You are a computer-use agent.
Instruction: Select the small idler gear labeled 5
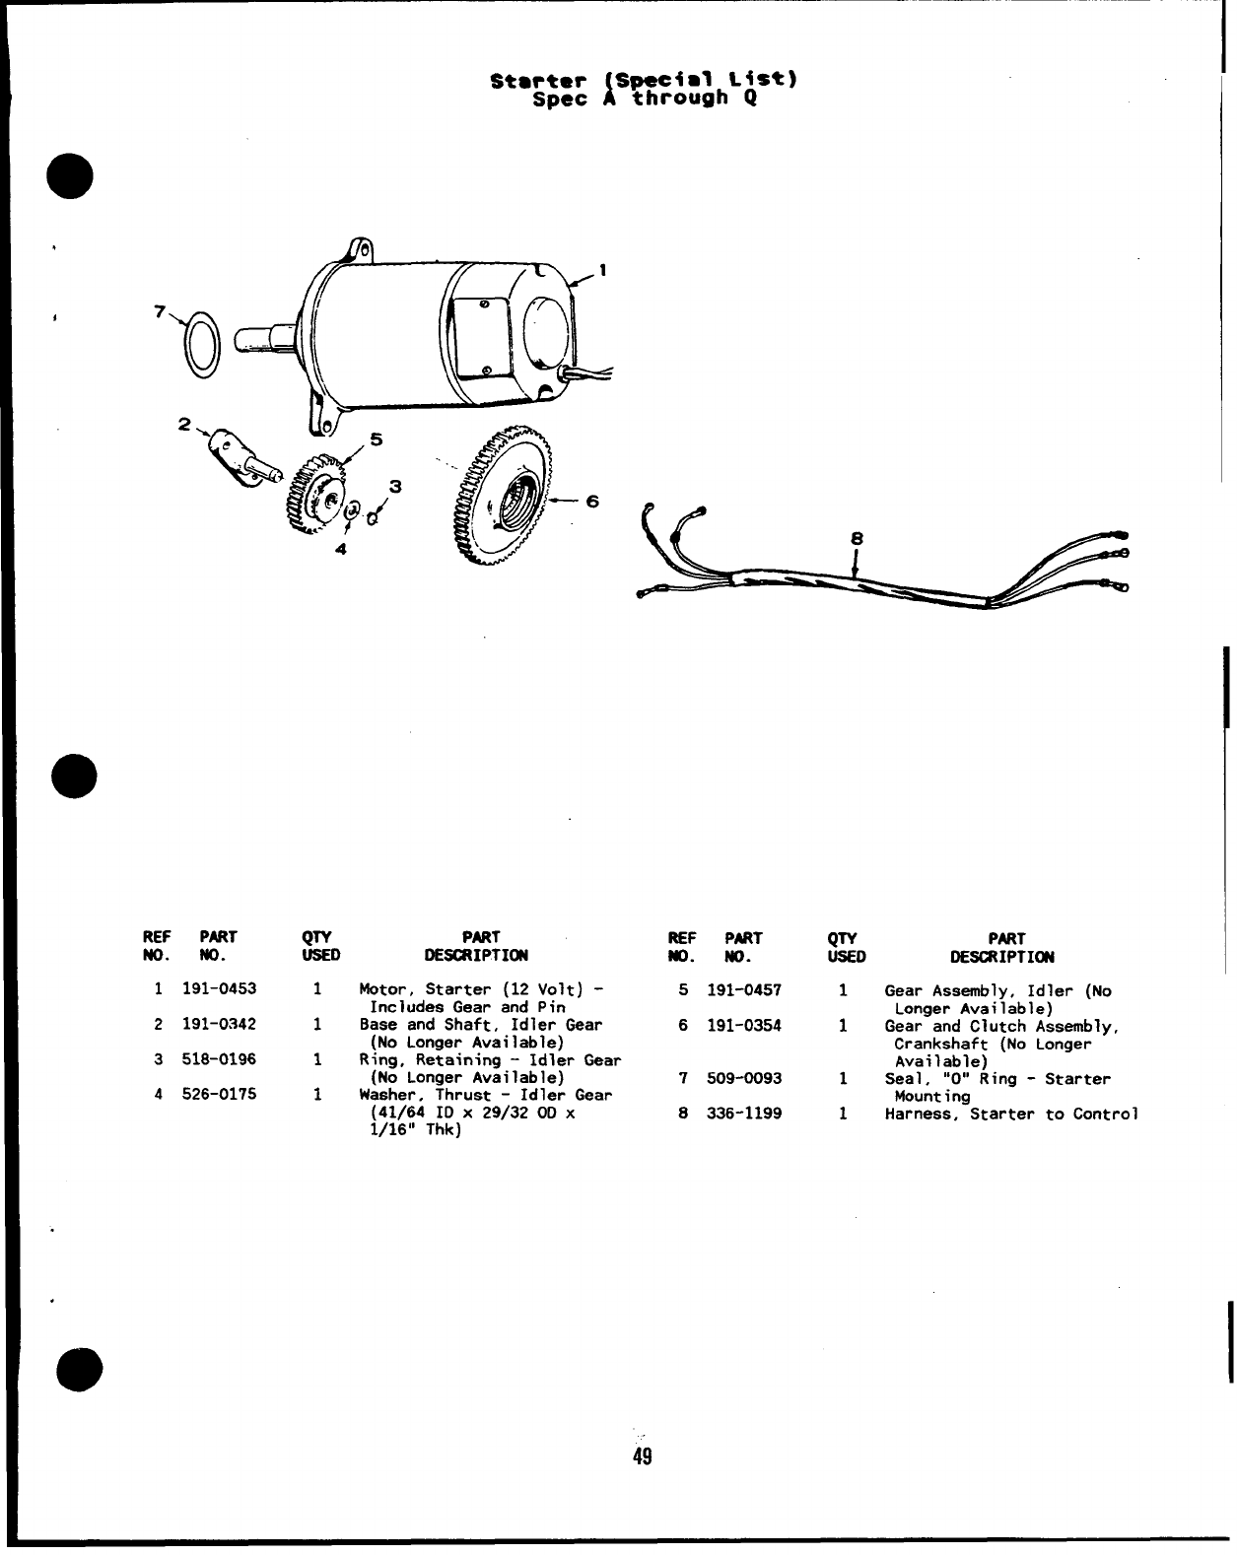[x=315, y=494]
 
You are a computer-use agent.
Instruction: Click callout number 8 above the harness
[x=857, y=539]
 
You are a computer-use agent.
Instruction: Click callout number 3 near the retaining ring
[x=395, y=486]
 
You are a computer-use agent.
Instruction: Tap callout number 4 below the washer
[x=340, y=550]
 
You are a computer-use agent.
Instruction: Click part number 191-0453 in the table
[x=219, y=989]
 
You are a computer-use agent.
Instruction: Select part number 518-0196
[x=219, y=1059]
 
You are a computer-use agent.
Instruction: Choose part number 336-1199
[x=744, y=1115]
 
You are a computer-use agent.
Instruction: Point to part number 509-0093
[x=744, y=1079]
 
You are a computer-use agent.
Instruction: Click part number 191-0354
[x=744, y=1026]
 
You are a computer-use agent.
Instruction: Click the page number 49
[x=643, y=1457]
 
